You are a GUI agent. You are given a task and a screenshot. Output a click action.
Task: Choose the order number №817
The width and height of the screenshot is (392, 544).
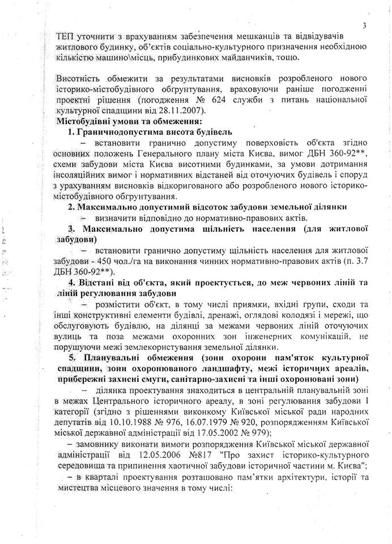[199, 444]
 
